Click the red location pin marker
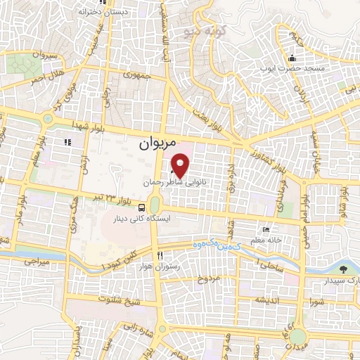(181, 166)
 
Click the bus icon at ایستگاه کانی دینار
(143, 207)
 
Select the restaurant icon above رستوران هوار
(161, 255)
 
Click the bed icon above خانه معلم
(265, 230)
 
